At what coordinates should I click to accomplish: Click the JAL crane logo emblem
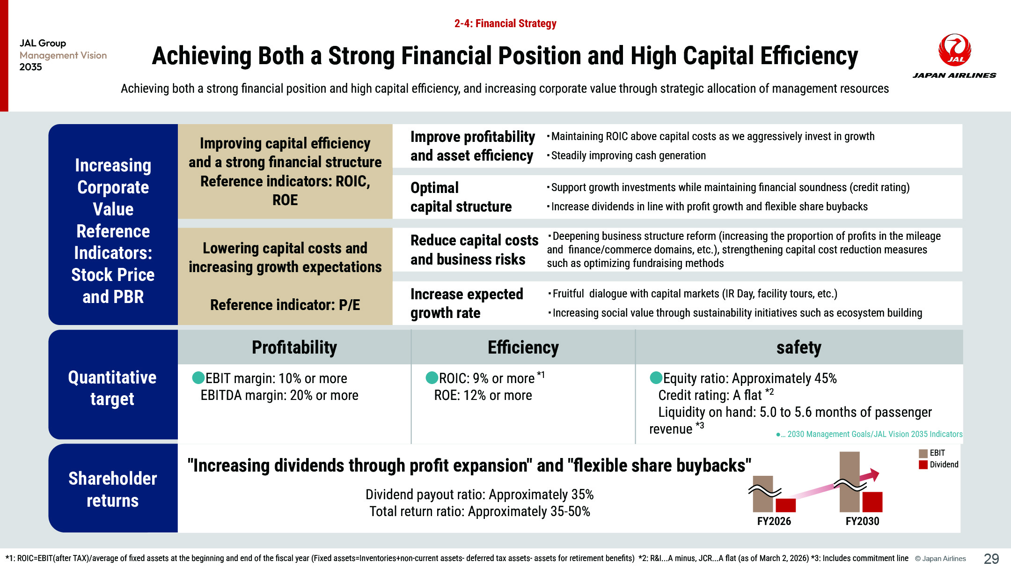point(954,50)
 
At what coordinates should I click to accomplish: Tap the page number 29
point(991,558)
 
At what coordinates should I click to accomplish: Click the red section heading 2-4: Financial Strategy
point(505,23)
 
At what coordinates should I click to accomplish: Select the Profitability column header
point(294,347)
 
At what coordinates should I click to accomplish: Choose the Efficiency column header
point(523,347)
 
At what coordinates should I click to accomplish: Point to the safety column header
point(799,347)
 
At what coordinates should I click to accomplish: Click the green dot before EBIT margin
point(198,377)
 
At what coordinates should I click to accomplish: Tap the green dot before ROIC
point(432,377)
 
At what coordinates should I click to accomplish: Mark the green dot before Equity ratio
point(656,377)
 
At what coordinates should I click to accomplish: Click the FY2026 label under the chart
point(774,521)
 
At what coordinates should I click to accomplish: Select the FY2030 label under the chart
point(862,521)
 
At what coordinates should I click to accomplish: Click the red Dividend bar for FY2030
point(872,502)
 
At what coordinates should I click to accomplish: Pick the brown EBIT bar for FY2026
point(763,494)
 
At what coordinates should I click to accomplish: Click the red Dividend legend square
point(923,465)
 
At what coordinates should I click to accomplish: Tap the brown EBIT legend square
point(923,453)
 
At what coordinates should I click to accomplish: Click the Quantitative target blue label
point(113,388)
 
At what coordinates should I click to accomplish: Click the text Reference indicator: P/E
point(285,305)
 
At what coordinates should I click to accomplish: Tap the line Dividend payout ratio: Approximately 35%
point(479,495)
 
